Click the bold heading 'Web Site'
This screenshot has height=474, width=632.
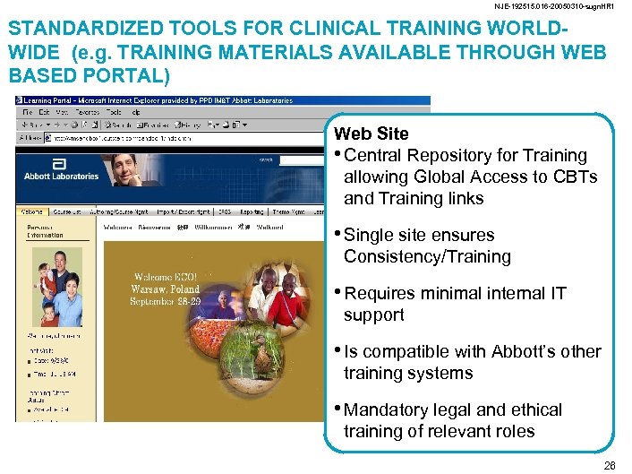(371, 134)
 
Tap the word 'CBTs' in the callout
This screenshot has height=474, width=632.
(576, 177)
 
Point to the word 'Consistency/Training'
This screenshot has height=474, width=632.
(427, 257)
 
